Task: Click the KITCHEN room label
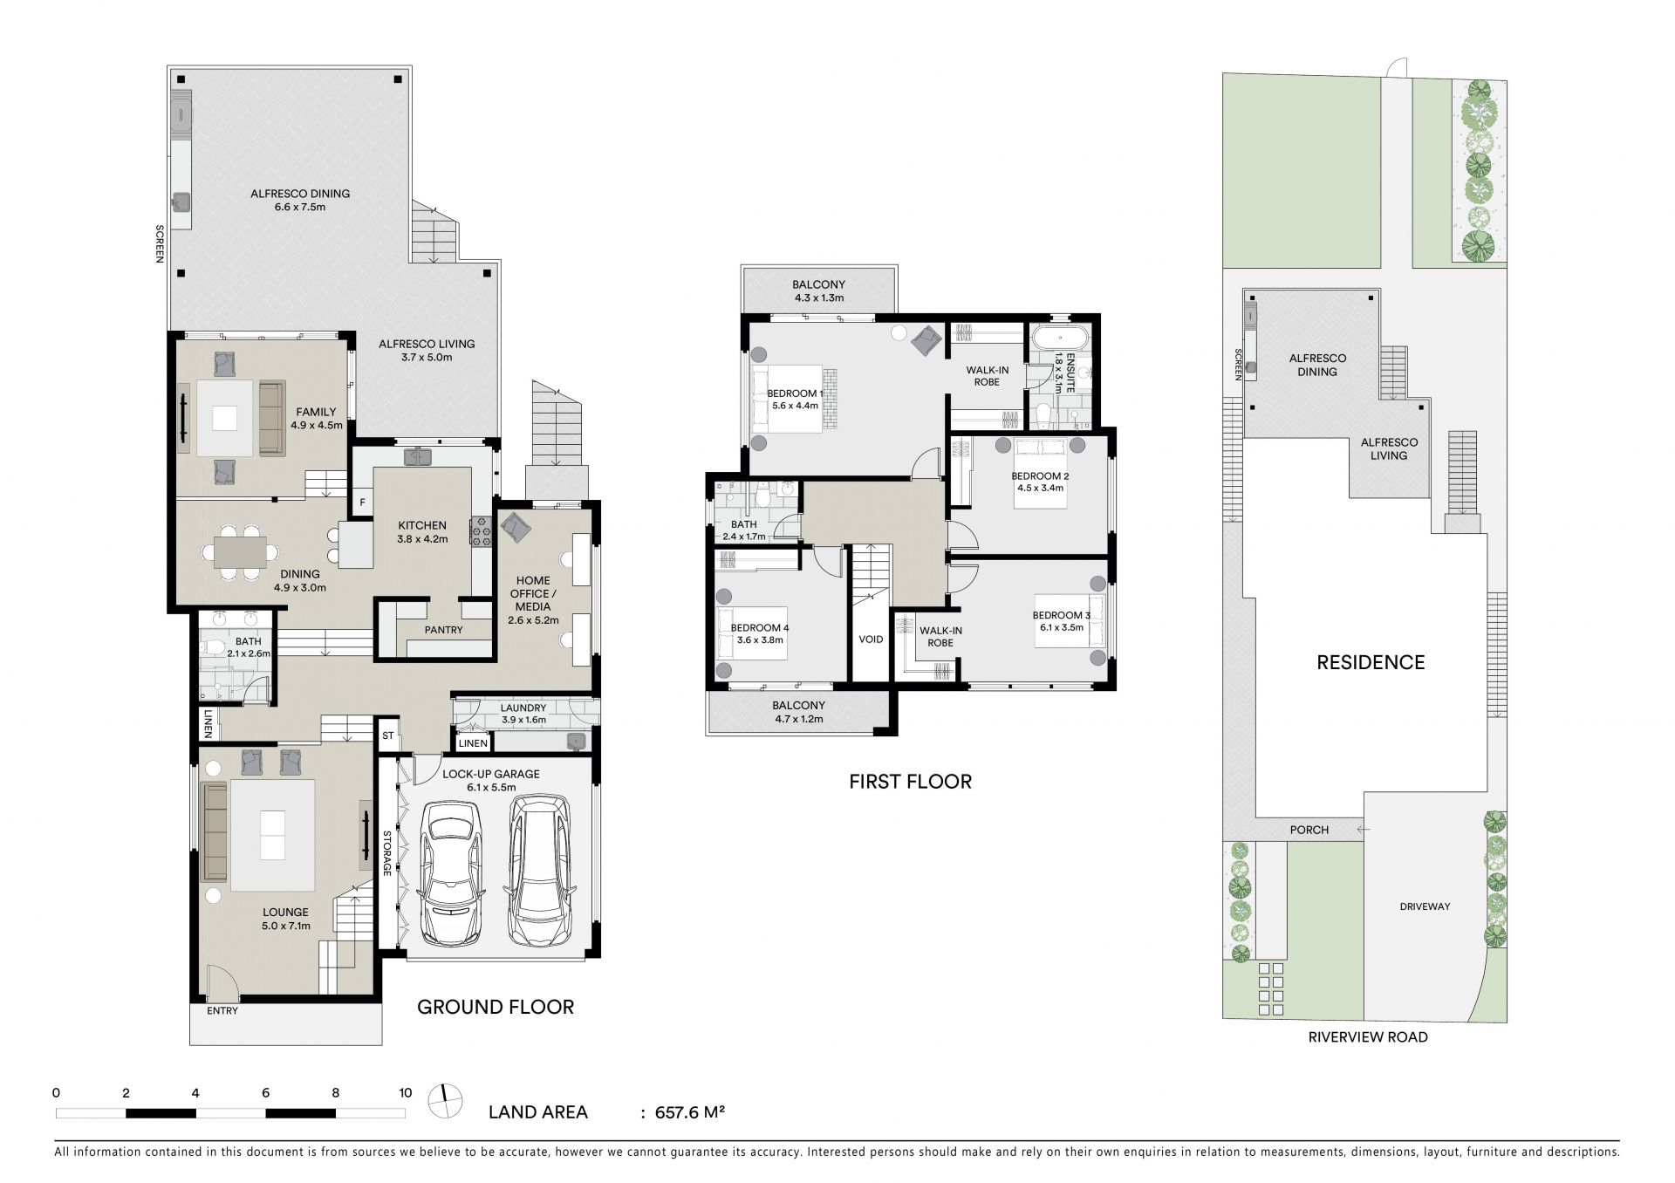click(422, 525)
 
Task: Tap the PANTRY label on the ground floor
click(443, 630)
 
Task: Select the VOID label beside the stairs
click(871, 639)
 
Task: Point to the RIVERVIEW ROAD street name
click(1368, 1037)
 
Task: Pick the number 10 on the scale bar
click(405, 1092)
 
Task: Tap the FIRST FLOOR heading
click(910, 782)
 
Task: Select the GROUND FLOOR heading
click(496, 1007)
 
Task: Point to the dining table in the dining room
click(241, 552)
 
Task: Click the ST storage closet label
click(388, 735)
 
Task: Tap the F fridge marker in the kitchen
click(362, 503)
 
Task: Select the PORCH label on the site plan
click(1309, 830)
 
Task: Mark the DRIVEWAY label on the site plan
click(1425, 906)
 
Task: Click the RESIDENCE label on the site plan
click(1371, 662)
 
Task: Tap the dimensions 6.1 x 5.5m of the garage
click(491, 787)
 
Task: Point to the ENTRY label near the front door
click(222, 1011)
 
